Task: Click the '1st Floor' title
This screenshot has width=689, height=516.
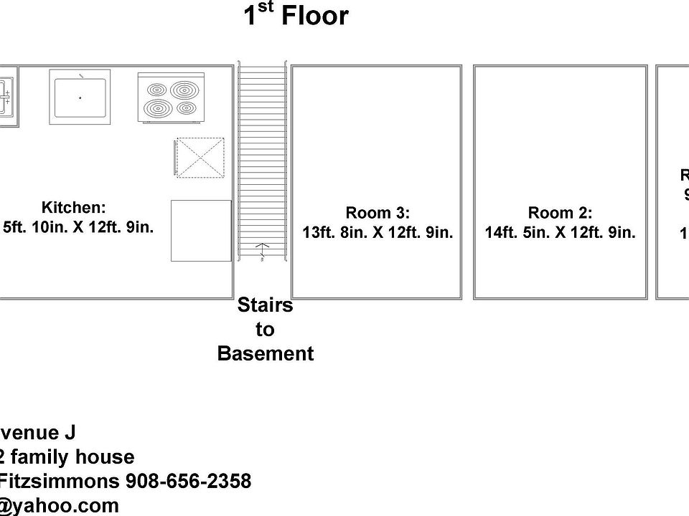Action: click(x=296, y=16)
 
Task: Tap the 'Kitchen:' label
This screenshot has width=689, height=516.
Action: click(x=74, y=208)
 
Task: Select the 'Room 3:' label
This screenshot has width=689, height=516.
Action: click(x=378, y=213)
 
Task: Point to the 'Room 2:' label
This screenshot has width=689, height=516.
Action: click(x=560, y=213)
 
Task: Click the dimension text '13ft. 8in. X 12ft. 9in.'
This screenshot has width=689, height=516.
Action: click(x=378, y=233)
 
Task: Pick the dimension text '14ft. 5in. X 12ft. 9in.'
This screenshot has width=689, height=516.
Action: click(x=560, y=233)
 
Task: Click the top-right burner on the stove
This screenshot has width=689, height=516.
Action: click(x=184, y=90)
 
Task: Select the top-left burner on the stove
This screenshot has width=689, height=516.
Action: click(x=157, y=90)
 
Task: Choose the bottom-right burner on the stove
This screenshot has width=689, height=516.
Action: click(x=186, y=108)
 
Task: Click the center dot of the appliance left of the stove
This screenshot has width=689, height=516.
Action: click(x=80, y=97)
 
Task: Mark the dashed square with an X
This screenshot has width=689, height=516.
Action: click(x=200, y=157)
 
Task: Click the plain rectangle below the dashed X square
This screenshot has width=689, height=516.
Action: click(x=201, y=231)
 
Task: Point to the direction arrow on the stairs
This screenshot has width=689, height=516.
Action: click(x=263, y=250)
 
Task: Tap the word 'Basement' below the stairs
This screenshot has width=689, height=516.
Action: click(x=266, y=354)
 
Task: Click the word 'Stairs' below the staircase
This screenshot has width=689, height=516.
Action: click(x=266, y=306)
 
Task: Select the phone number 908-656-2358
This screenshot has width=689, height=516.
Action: click(x=189, y=481)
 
